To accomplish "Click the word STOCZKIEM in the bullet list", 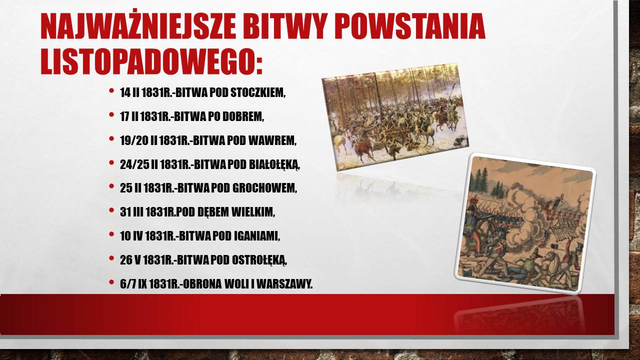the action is (x=257, y=93).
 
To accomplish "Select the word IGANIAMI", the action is (x=257, y=236).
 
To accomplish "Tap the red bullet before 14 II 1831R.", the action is (x=111, y=91).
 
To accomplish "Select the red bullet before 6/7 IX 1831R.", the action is (x=111, y=282).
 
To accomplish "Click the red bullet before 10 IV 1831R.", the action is (x=111, y=234).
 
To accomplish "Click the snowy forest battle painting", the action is (x=395, y=117).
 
